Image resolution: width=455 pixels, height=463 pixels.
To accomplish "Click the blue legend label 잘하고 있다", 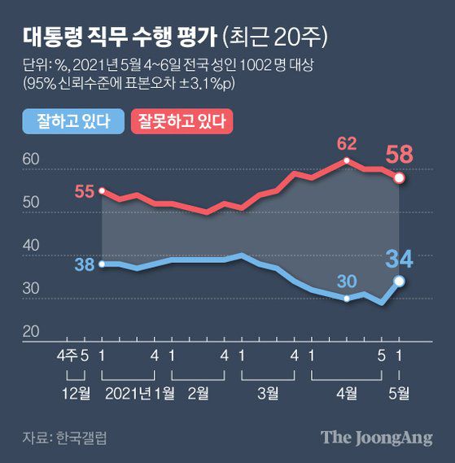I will point(72,122).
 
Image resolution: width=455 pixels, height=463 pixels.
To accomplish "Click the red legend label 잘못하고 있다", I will point(182,122).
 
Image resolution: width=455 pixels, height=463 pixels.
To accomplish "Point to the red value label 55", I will point(85,192).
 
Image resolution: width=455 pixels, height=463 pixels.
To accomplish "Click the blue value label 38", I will point(85,264).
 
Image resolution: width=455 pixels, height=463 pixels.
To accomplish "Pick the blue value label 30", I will point(348,282).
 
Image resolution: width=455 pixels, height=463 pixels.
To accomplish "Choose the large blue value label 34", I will point(400,260).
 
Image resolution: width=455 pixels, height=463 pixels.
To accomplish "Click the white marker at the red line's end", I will point(399,177).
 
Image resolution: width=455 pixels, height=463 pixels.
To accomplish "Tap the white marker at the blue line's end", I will point(399,281).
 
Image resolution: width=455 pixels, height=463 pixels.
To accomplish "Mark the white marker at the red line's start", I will point(102,191).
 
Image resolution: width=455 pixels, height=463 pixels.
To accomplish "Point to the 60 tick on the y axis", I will point(31,160).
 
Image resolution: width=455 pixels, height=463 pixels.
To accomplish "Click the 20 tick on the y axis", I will point(31,331).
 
